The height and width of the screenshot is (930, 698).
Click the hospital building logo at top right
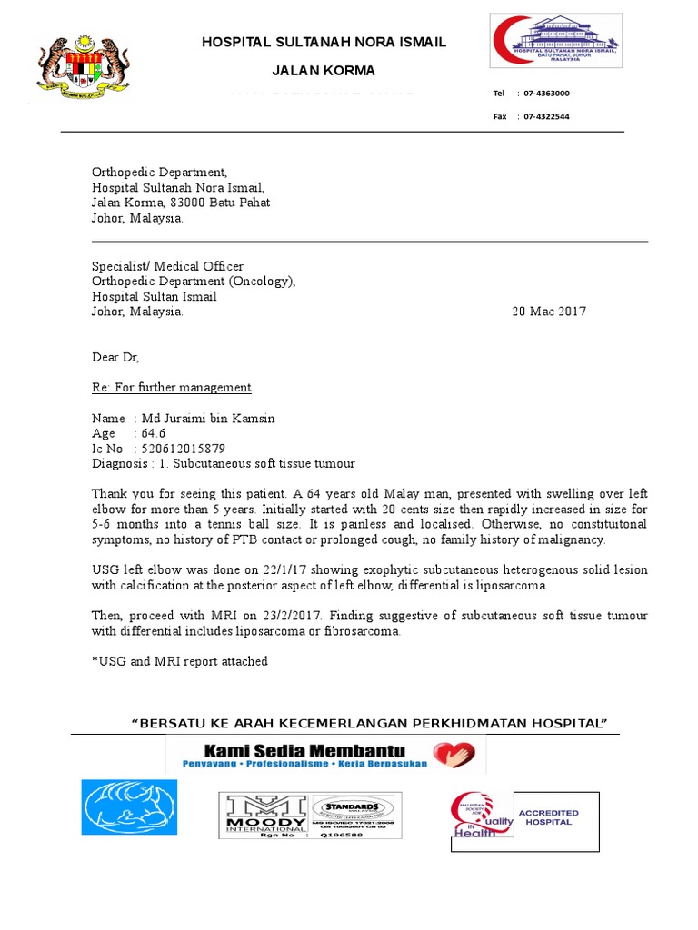click(x=555, y=41)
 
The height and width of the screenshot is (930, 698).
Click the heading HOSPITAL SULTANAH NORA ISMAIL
click(x=324, y=43)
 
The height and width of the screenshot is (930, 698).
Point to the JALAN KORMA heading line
click(x=324, y=71)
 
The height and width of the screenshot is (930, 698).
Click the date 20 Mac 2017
click(x=549, y=312)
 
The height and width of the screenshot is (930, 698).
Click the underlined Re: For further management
click(x=172, y=388)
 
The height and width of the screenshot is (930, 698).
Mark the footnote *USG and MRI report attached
click(x=179, y=661)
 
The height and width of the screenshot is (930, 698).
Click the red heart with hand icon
click(x=454, y=754)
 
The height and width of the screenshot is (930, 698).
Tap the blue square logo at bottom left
click(x=129, y=807)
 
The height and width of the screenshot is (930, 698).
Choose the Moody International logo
click(x=266, y=814)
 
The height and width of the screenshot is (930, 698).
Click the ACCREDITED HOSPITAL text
click(x=548, y=817)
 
